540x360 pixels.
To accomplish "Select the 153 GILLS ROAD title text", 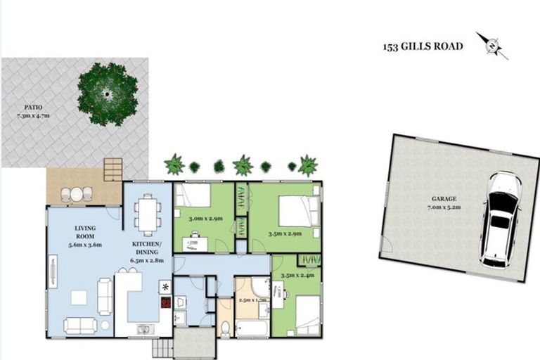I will tap(423, 47).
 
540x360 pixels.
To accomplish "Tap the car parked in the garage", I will tap(501, 219).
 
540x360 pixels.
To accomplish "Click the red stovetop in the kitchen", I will tap(165, 303).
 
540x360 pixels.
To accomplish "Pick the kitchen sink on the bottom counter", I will tap(144, 328).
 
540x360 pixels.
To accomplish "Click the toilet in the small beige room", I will tap(224, 327).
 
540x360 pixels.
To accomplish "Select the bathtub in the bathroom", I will tap(250, 328).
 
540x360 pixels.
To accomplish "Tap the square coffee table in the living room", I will tap(79, 297).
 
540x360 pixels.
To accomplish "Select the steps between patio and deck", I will tap(112, 169).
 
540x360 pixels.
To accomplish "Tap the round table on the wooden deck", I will tap(77, 194).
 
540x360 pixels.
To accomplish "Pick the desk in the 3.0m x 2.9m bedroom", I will tap(194, 244).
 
